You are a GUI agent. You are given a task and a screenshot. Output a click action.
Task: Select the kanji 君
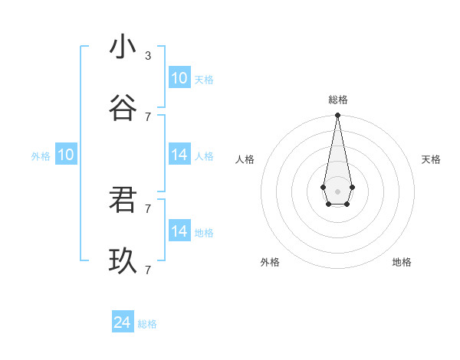(123, 200)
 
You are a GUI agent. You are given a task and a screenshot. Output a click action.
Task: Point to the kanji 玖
(123, 261)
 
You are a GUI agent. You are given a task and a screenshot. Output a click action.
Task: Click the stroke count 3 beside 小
(148, 55)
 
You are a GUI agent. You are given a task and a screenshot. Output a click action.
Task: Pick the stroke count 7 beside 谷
(148, 116)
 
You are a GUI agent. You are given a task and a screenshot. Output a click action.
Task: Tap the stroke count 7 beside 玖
(148, 270)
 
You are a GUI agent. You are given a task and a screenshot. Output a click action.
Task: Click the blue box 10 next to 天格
(179, 78)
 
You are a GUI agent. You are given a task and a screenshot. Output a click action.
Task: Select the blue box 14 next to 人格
(179, 155)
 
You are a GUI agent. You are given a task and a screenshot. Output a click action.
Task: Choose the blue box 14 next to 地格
(179, 231)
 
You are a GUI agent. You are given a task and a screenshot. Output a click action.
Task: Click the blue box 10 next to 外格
(66, 155)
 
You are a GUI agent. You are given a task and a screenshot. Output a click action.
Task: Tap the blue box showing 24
(123, 322)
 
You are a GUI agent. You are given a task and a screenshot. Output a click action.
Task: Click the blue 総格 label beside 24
(148, 324)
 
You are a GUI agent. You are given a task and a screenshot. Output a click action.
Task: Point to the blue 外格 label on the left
(41, 156)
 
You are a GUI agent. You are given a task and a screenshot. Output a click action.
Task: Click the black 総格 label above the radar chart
(338, 100)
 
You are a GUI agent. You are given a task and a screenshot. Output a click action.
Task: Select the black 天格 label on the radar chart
(431, 159)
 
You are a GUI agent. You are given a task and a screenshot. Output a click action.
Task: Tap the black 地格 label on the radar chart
(402, 262)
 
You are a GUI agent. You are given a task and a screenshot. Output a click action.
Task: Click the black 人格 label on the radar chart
(245, 159)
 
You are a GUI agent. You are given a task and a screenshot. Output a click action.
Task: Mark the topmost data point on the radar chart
(337, 115)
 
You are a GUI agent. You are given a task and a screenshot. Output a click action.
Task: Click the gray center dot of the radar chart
(337, 190)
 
